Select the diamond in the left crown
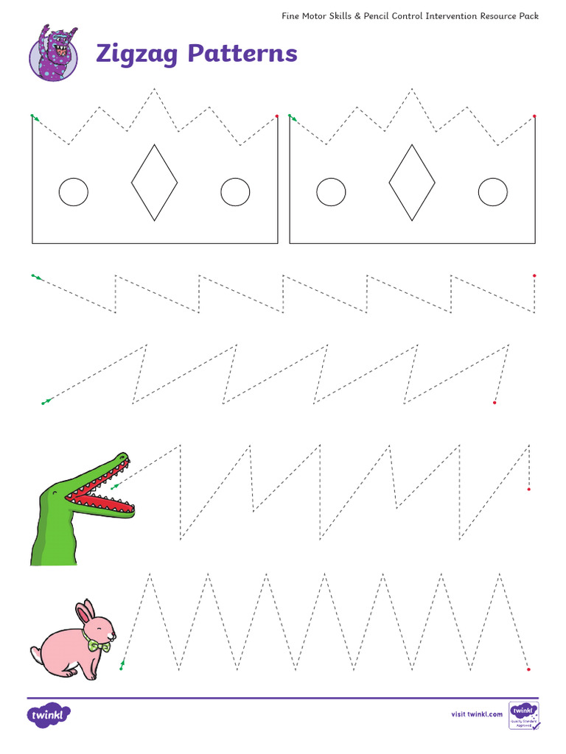coord(154,183)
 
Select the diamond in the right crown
coord(411,183)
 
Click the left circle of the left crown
coord(73,192)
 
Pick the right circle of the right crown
coord(492,192)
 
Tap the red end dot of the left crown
coord(277,116)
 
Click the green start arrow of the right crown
coord(292,117)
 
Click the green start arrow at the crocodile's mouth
coord(113,487)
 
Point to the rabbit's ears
coord(86,612)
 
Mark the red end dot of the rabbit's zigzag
coord(528,669)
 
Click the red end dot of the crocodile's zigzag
coord(529,489)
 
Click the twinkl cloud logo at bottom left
coord(49,714)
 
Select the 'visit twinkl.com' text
coord(477,714)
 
